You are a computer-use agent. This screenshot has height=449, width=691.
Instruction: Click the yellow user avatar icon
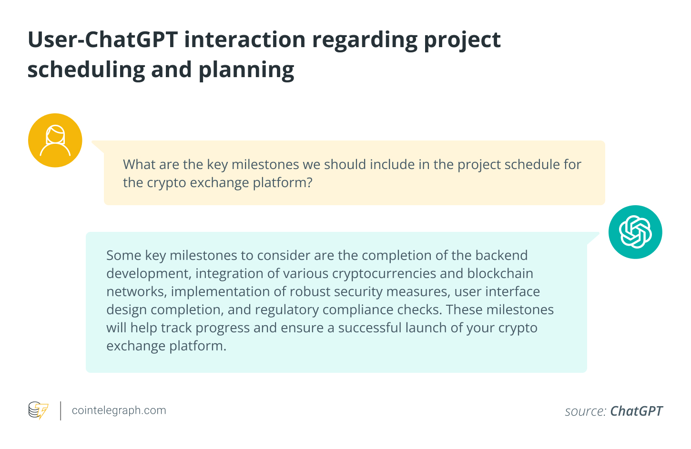point(55,140)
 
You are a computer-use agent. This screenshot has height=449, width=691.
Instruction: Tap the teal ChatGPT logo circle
point(635,232)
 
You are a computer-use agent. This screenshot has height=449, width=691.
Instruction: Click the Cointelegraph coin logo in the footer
point(38,410)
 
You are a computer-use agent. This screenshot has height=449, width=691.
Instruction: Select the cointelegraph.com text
point(119,410)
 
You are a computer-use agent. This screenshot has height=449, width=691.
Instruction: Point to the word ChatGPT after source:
point(636,411)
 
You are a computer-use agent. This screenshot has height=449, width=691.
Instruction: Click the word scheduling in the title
point(86,70)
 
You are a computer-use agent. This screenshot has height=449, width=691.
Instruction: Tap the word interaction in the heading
point(245,40)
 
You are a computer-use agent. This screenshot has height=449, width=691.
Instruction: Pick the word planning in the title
point(246,70)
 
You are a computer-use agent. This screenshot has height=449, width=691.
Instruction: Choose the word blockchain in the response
point(500,274)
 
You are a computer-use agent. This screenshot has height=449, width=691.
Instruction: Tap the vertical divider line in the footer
point(61,411)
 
